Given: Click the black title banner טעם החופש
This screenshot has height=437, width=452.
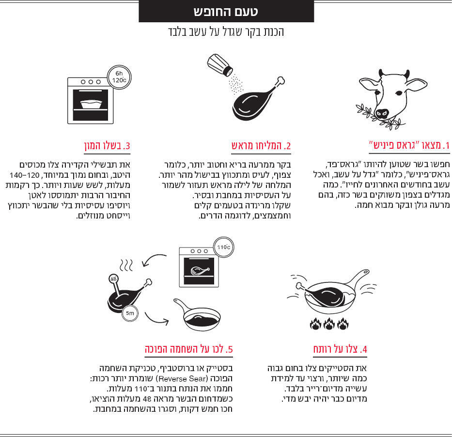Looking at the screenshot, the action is click(226, 11).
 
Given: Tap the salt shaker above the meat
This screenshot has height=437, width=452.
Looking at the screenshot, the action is click(219, 65).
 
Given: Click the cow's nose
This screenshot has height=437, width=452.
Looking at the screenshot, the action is click(383, 114).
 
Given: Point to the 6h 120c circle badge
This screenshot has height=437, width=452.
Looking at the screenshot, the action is click(119, 77).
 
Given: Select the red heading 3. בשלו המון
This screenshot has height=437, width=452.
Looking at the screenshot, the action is click(107, 145).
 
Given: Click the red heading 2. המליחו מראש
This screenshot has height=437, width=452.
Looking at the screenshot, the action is click(261, 145).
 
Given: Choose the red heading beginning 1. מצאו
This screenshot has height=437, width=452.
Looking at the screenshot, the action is click(409, 145).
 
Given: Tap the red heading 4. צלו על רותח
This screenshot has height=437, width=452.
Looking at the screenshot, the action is click(340, 349).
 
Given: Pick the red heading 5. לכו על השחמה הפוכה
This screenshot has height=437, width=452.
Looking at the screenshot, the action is click(189, 349).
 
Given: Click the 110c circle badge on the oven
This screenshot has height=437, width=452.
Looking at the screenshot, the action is click(223, 247).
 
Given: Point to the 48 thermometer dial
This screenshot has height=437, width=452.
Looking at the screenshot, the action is click(113, 279).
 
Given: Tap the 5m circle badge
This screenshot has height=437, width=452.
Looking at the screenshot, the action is click(130, 313).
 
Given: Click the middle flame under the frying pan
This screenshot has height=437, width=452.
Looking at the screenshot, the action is click(329, 324).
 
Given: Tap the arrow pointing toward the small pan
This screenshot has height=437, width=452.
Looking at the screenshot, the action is click(155, 319).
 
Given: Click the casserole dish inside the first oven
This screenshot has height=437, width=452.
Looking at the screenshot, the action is click(91, 104).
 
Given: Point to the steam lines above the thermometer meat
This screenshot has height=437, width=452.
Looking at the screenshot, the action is click(126, 265).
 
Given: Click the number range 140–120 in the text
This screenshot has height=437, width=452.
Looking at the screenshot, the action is click(25, 175).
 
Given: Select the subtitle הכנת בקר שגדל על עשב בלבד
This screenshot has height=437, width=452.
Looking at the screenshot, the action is click(226, 32).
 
